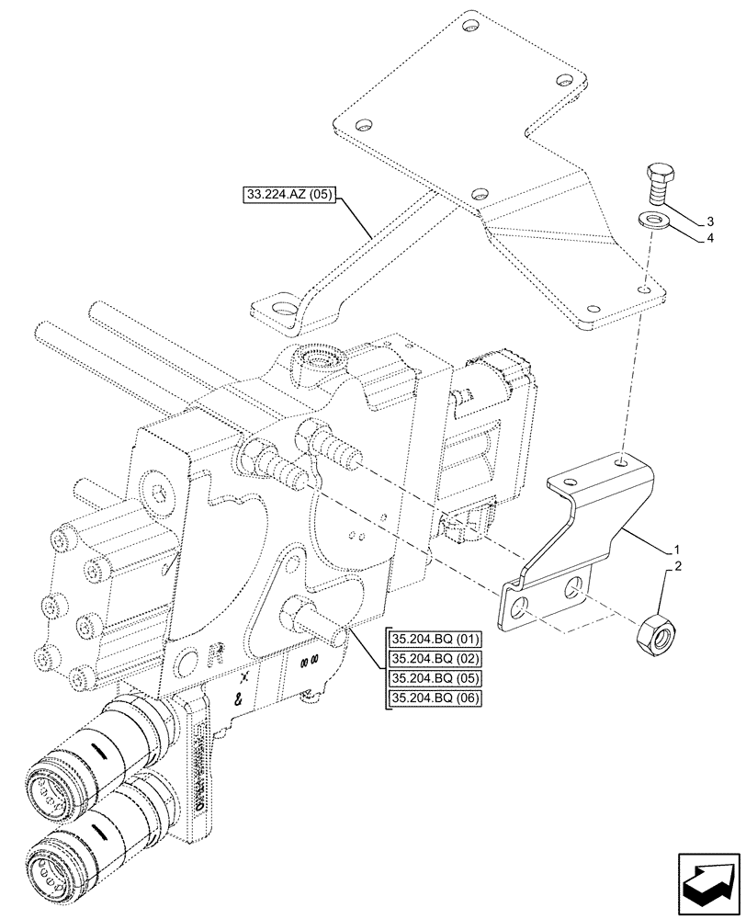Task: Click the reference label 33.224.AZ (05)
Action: coord(291,194)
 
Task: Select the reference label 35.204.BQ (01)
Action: coord(435,640)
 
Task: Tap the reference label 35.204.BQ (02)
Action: coord(435,659)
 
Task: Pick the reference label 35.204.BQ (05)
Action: coord(435,679)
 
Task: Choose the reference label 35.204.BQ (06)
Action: coord(435,699)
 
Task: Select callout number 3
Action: coord(710,221)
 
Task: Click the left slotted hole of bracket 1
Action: coord(520,607)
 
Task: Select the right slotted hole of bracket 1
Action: coord(574,585)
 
